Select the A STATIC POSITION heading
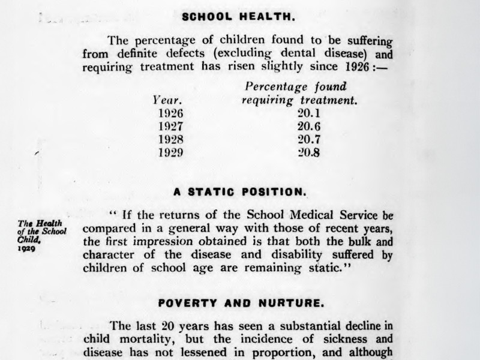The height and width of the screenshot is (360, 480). (x=239, y=193)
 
